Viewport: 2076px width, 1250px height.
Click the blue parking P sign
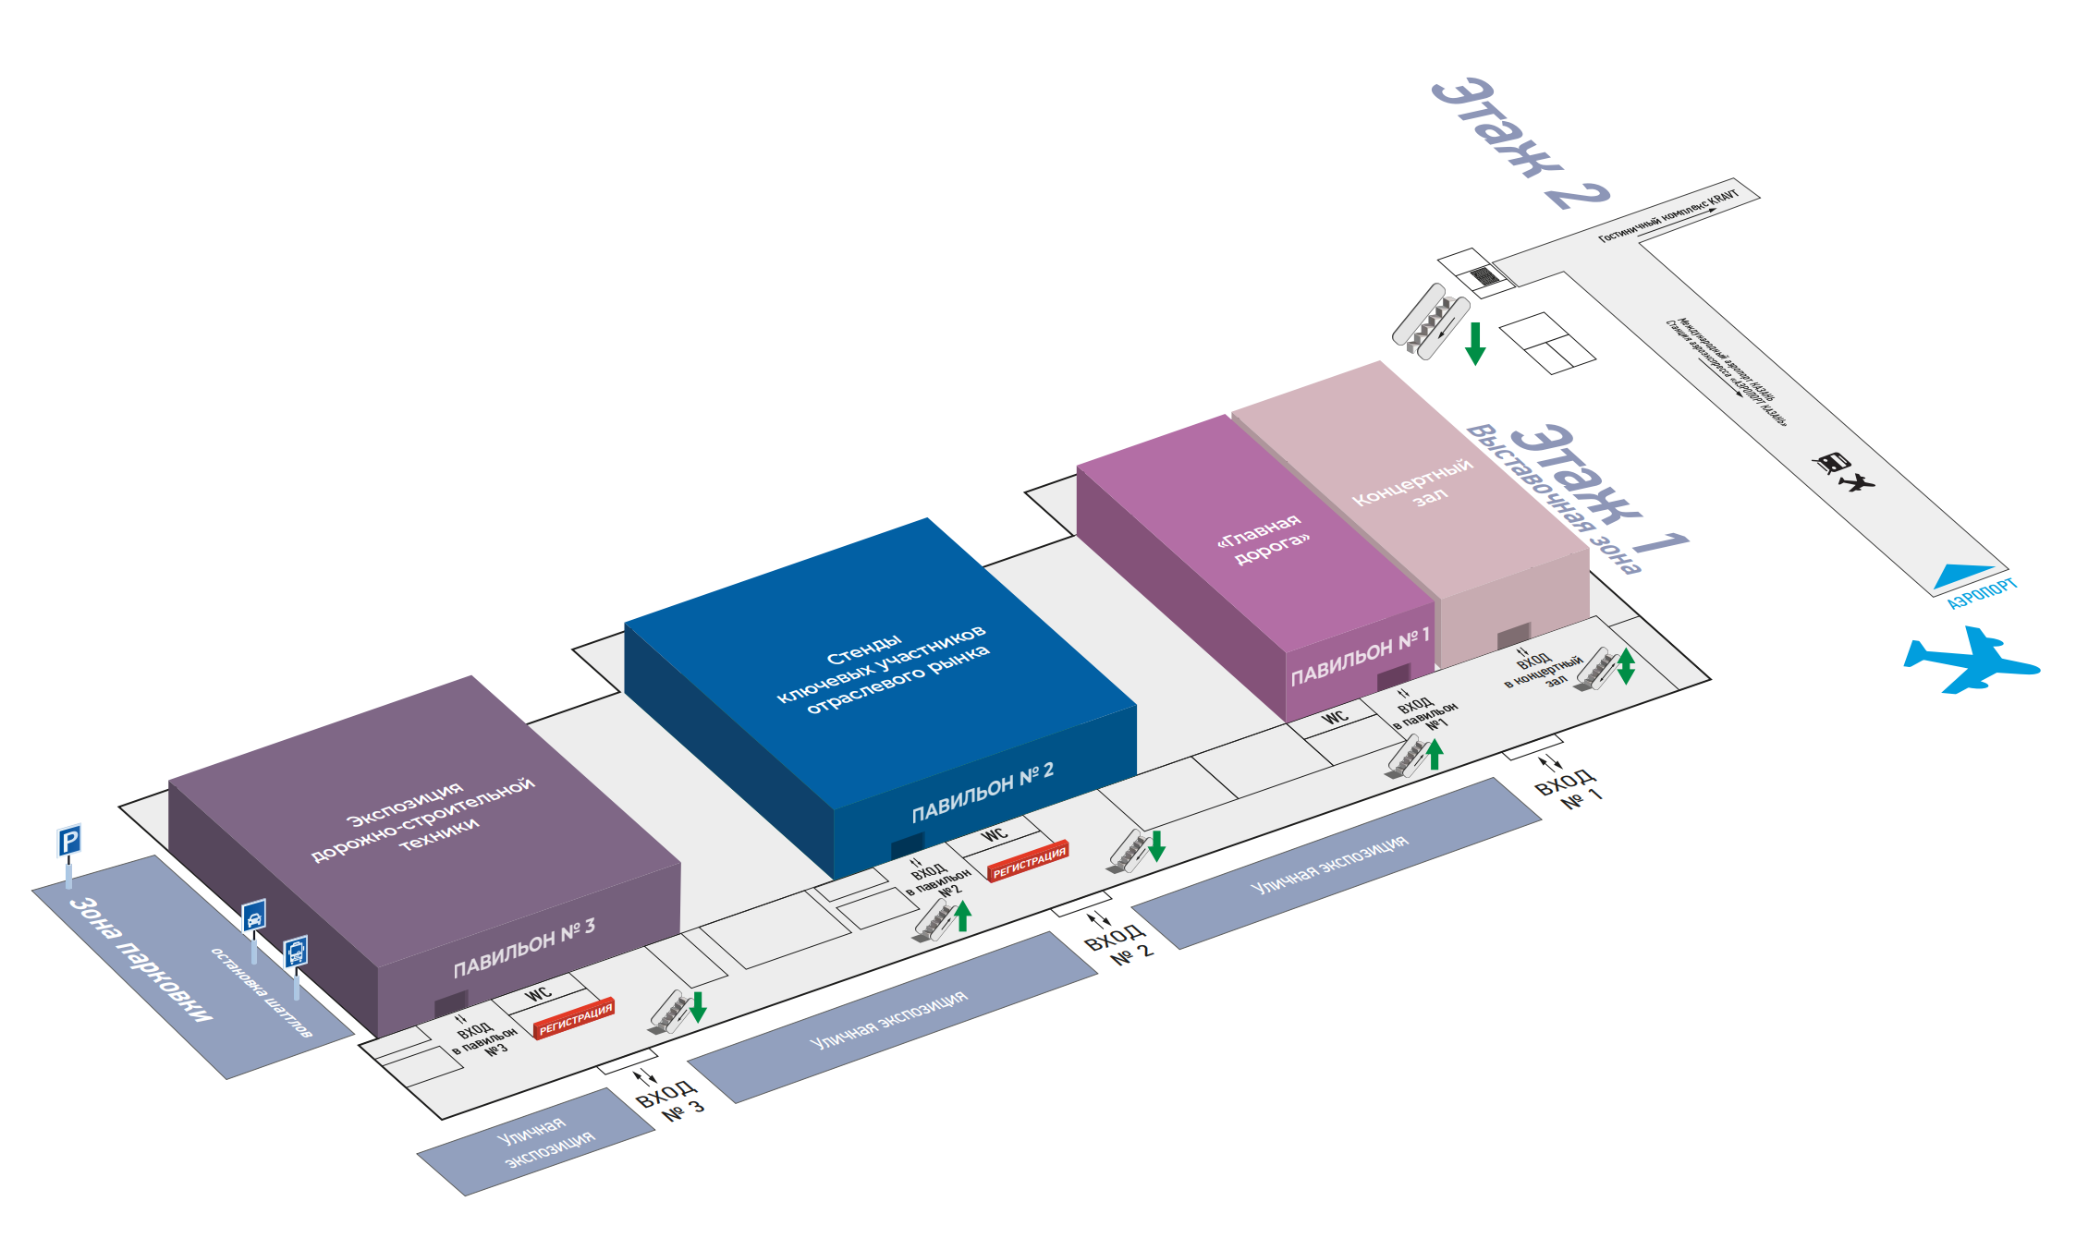point(69,841)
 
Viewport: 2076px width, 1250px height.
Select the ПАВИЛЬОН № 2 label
point(983,794)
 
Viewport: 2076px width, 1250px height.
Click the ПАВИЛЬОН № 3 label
point(524,948)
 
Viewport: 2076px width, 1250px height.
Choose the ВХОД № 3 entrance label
point(669,1099)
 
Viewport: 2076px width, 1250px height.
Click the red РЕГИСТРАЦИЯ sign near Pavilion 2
point(1029,861)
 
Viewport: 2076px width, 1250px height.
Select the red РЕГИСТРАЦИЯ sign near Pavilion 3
point(575,1019)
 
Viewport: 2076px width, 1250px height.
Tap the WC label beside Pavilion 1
point(1335,717)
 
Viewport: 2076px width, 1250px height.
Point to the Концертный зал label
point(1414,482)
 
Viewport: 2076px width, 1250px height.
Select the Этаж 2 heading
point(1520,143)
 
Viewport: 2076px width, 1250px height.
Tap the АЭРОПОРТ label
point(1982,594)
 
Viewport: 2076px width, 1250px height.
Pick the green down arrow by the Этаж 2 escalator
point(1475,343)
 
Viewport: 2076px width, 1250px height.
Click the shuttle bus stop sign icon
point(295,951)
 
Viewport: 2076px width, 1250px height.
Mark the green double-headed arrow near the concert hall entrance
point(1625,666)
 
